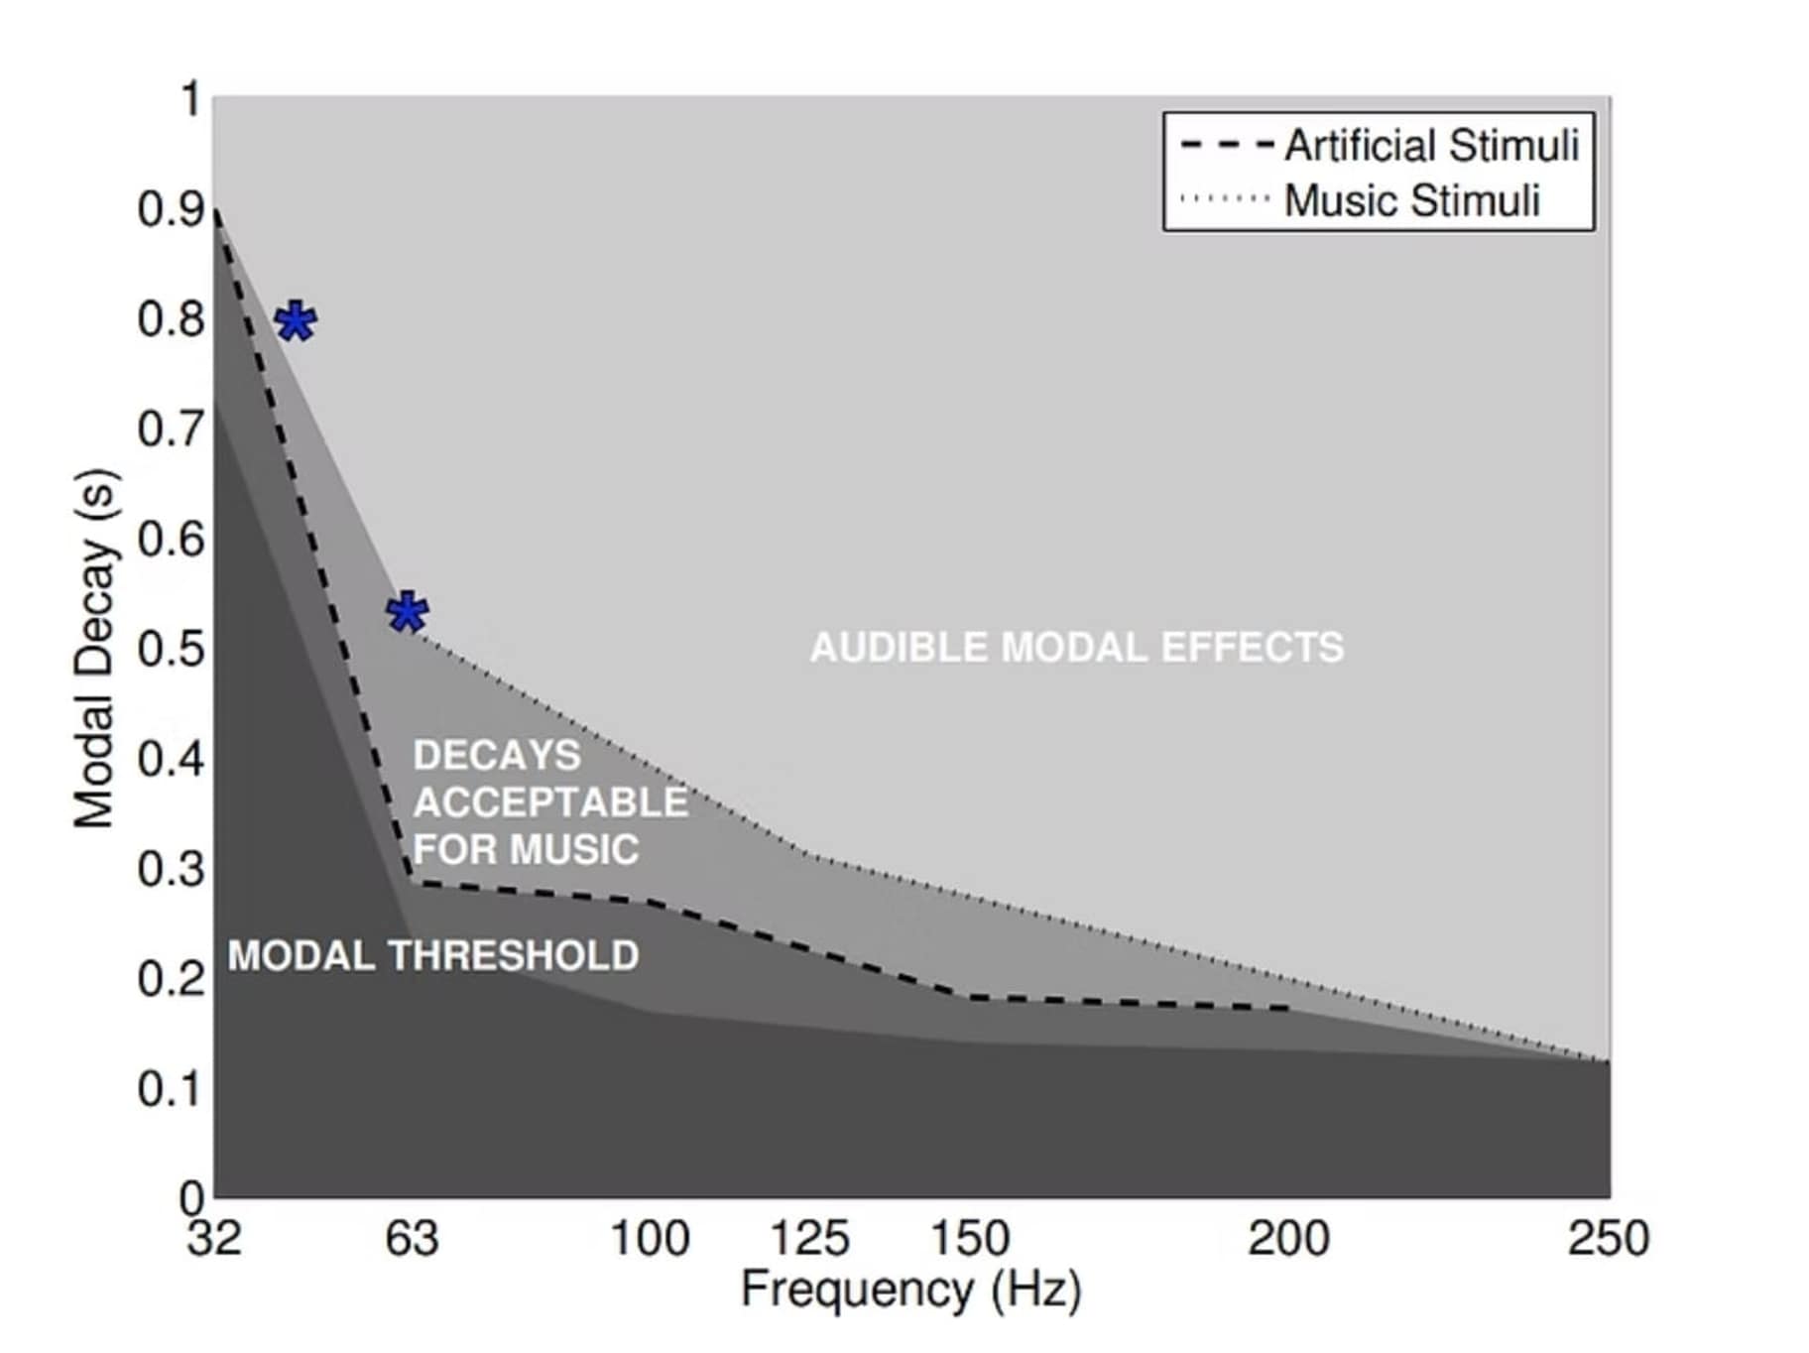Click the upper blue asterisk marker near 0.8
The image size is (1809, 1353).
pos(296,321)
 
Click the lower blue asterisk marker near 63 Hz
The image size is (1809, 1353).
pos(408,612)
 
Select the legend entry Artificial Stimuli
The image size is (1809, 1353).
pos(1430,146)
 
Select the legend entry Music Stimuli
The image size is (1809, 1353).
pos(1410,200)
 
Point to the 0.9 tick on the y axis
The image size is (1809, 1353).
pos(171,209)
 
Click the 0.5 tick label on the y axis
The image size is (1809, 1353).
pos(171,649)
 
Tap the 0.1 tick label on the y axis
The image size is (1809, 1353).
pos(171,1088)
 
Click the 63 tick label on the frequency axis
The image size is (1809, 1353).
pos(412,1239)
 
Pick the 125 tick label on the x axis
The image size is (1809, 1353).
pos(809,1239)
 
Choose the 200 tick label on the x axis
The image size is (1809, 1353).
pos(1288,1239)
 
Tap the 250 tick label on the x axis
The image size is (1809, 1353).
pos(1608,1239)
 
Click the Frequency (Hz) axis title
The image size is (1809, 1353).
pos(910,1290)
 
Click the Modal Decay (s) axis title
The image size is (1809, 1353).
pos(96,648)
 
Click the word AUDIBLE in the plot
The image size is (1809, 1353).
pos(899,648)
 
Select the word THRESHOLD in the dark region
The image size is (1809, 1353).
pos(514,955)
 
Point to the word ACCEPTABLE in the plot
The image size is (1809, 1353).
pos(550,802)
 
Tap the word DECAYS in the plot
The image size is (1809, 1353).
pos(497,756)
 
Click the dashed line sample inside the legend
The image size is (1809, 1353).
pos(1227,146)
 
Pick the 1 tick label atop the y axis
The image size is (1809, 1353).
pos(190,100)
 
